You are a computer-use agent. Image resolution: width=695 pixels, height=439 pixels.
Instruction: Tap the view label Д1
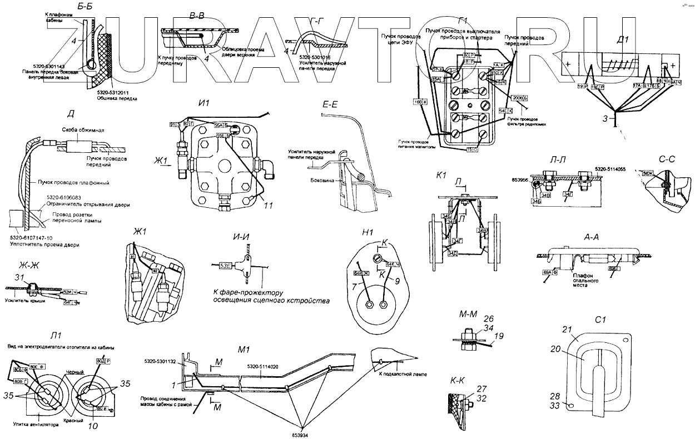click(x=623, y=39)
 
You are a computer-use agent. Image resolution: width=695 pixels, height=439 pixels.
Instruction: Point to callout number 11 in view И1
click(x=269, y=205)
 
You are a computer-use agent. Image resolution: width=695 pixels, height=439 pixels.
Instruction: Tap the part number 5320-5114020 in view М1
click(x=265, y=366)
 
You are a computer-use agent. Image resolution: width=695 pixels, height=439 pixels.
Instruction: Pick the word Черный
click(x=74, y=372)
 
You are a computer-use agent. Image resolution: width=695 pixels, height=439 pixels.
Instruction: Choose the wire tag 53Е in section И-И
click(x=226, y=266)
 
